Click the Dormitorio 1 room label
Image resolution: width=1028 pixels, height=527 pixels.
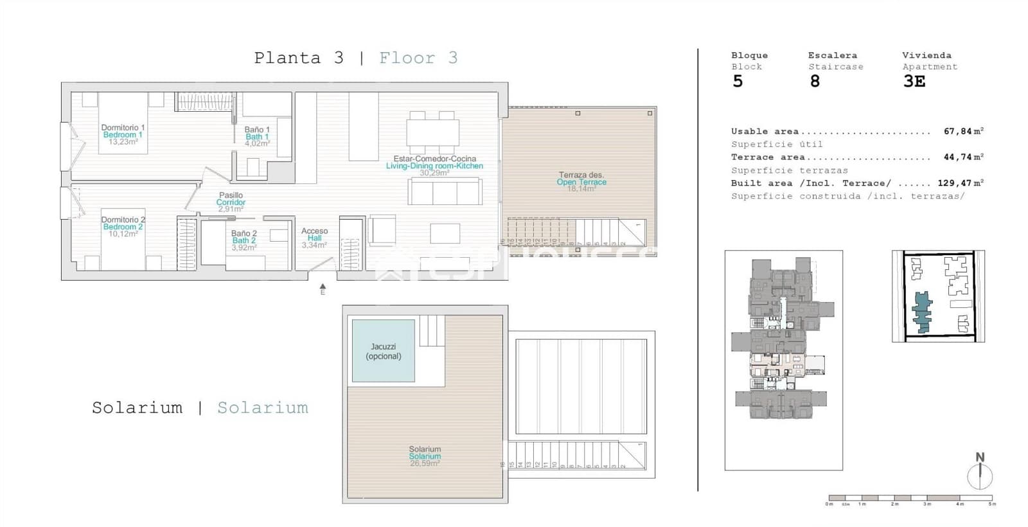[123, 128]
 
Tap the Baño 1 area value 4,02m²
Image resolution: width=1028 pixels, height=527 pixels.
[257, 144]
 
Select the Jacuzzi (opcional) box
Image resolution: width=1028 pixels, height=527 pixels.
[384, 351]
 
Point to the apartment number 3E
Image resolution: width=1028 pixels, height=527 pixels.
[914, 81]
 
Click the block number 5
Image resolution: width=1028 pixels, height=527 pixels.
[738, 81]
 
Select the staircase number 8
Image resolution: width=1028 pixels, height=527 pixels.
[815, 81]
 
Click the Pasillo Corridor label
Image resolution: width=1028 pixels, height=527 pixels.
[231, 199]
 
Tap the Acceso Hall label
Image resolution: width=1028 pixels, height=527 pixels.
[314, 235]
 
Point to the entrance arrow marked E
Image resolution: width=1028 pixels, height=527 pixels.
[323, 288]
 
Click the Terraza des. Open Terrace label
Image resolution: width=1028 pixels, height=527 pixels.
[581, 179]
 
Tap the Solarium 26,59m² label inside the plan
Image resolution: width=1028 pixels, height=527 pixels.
[425, 456]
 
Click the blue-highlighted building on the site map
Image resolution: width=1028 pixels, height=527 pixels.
[923, 312]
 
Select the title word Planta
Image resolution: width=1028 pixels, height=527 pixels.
[287, 58]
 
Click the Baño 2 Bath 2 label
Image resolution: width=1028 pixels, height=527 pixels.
[244, 237]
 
